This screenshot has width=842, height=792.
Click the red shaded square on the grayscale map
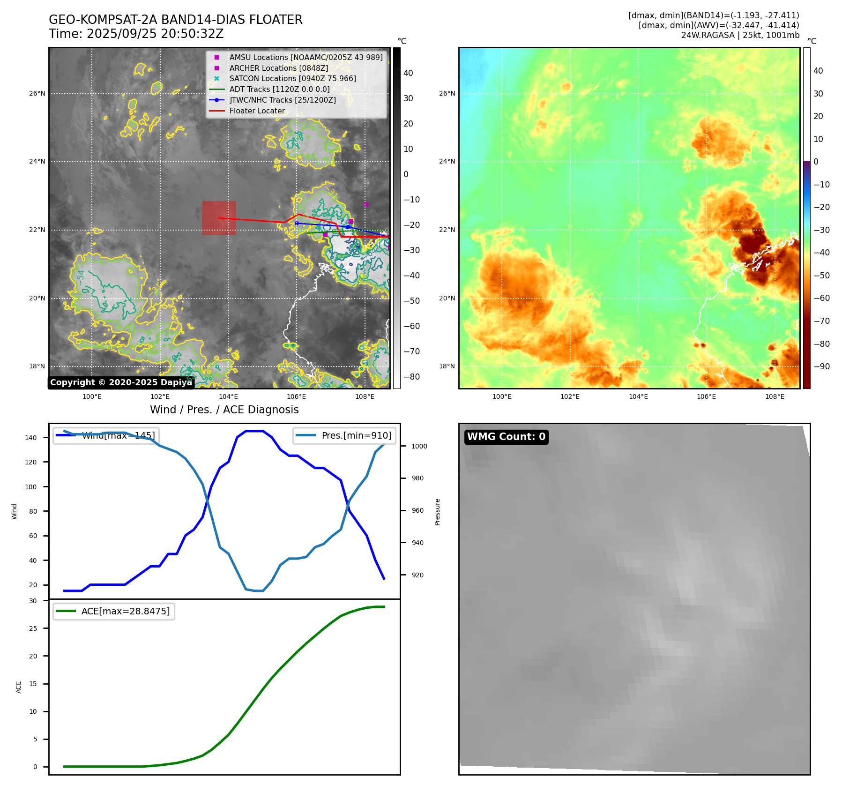point(219,218)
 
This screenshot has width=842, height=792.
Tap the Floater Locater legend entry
point(257,111)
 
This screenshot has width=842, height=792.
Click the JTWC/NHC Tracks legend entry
point(282,100)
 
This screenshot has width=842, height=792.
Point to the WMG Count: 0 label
point(506,437)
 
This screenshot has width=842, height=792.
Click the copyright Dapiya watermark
point(121,382)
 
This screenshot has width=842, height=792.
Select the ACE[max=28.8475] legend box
point(114,612)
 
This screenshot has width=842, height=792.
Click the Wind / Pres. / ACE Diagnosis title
point(224,410)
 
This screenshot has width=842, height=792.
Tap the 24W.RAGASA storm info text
point(740,35)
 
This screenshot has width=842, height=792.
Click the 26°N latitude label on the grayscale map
point(37,93)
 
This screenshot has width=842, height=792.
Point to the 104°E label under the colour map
point(638,396)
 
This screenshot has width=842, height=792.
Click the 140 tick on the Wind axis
point(31,438)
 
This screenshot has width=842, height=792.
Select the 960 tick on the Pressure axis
point(417,510)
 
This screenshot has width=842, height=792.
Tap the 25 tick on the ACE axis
point(33,628)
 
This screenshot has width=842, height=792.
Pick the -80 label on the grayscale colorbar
point(412,377)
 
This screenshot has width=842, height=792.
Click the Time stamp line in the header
point(136,34)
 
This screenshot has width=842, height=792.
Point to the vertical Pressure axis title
point(437,512)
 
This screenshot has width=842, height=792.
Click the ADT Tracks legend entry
point(279,90)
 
